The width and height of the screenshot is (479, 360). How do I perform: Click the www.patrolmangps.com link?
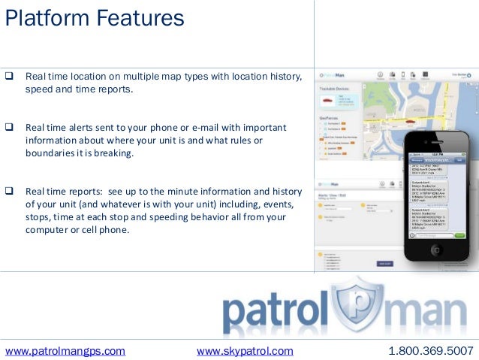65,350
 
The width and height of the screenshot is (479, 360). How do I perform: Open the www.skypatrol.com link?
245,350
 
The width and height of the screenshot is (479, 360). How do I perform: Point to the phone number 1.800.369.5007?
431,350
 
